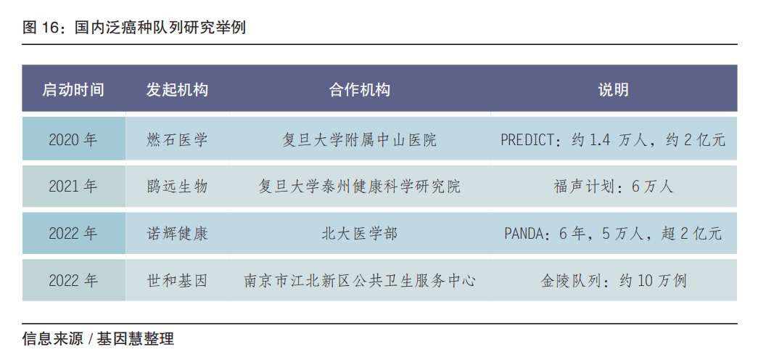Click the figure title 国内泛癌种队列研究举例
pos(160,28)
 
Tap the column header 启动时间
pos(73,89)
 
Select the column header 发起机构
pos(177,89)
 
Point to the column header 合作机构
pos(360,89)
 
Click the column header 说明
pos(614,89)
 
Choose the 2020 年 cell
pos(73,140)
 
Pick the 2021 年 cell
pos(73,187)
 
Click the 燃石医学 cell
pos(177,140)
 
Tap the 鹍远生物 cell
pos(177,187)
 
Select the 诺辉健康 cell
pos(177,233)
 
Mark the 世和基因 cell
pos(177,280)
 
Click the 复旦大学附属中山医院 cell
pos(360,140)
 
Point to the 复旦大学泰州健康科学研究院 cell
pos(360,187)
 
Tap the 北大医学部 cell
pos(360,233)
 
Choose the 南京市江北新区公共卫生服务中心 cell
pos(360,280)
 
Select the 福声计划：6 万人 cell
pos(614,187)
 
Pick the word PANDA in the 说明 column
pos(524,234)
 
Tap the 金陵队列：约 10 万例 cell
pos(614,280)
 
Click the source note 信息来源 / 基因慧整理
pos(98,339)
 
